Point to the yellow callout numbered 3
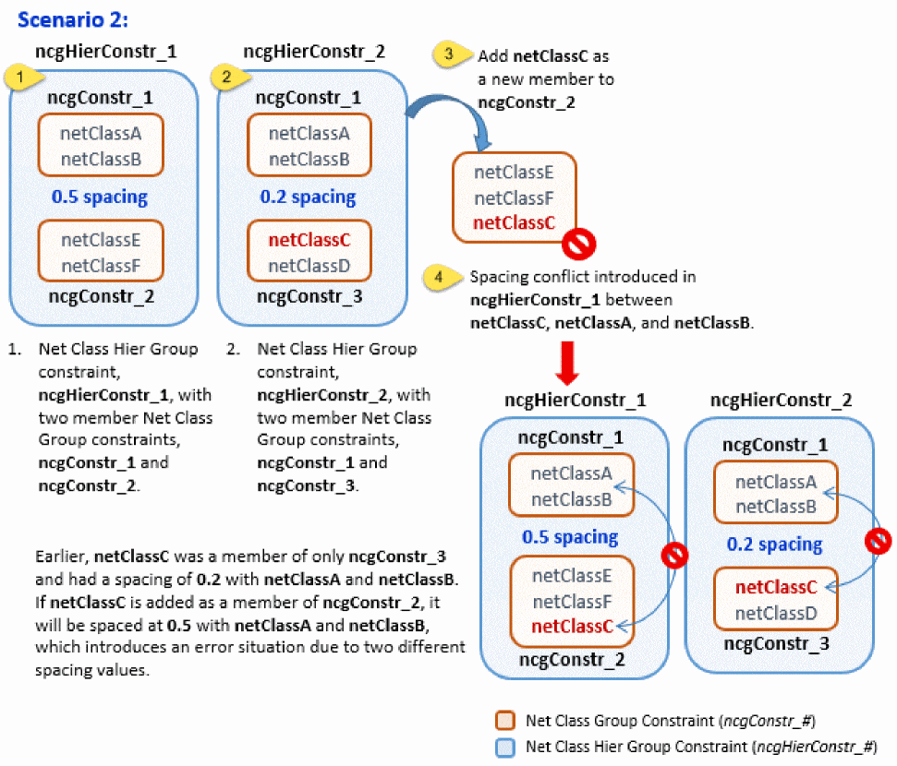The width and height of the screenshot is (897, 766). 449,54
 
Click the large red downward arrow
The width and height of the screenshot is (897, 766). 568,363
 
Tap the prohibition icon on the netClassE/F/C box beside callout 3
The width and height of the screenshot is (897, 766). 578,243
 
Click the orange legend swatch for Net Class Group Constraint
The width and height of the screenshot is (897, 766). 505,720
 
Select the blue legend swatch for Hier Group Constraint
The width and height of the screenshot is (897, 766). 505,746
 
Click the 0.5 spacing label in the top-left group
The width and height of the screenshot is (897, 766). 101,197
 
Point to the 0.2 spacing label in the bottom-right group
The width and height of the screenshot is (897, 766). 774,544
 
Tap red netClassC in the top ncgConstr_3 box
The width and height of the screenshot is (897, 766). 309,241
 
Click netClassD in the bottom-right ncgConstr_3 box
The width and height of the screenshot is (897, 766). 773,613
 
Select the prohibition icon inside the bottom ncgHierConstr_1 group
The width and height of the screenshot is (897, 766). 676,554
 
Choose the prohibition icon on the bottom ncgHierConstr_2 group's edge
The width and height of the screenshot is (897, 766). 878,542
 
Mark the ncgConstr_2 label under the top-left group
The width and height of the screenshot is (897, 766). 102,297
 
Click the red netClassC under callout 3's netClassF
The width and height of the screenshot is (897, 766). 514,222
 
